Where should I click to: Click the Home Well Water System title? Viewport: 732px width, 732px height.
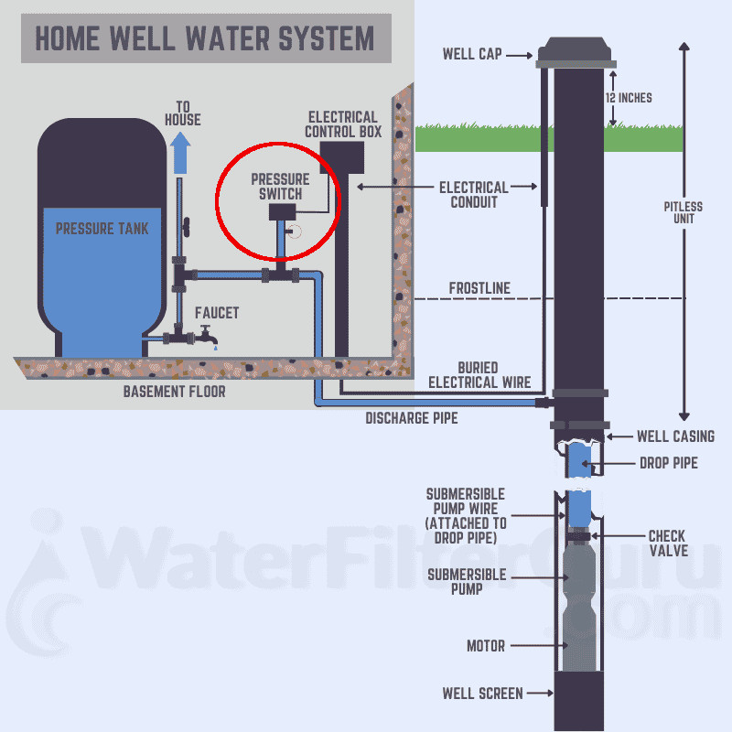pos(205,38)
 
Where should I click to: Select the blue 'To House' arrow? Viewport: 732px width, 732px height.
pos(180,153)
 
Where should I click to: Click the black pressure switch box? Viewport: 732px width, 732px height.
pos(283,212)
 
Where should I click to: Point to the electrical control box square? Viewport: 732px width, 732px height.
pos(341,157)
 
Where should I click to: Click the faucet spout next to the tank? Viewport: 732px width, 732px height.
pos(208,336)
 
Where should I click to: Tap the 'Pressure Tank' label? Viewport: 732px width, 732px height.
pos(102,228)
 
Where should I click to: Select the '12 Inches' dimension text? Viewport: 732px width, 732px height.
pos(629,98)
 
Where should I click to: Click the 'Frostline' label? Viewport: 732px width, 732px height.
pos(479,288)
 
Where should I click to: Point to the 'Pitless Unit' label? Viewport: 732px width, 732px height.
pos(684,212)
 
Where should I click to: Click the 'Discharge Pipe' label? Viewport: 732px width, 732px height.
pos(411,418)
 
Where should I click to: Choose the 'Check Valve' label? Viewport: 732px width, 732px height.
pos(668,543)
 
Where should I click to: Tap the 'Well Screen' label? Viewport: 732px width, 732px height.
pos(483,694)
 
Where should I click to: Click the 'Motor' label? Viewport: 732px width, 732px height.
pos(486,646)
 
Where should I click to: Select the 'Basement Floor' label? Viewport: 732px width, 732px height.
pos(174,392)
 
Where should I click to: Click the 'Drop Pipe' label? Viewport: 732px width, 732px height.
pos(669,463)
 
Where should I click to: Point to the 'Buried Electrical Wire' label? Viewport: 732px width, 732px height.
pos(479,375)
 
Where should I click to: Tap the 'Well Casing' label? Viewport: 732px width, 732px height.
pos(675,436)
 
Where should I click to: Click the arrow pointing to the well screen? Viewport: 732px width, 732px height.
pos(540,694)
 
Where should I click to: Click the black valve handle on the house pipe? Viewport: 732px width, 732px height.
pos(187,227)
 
